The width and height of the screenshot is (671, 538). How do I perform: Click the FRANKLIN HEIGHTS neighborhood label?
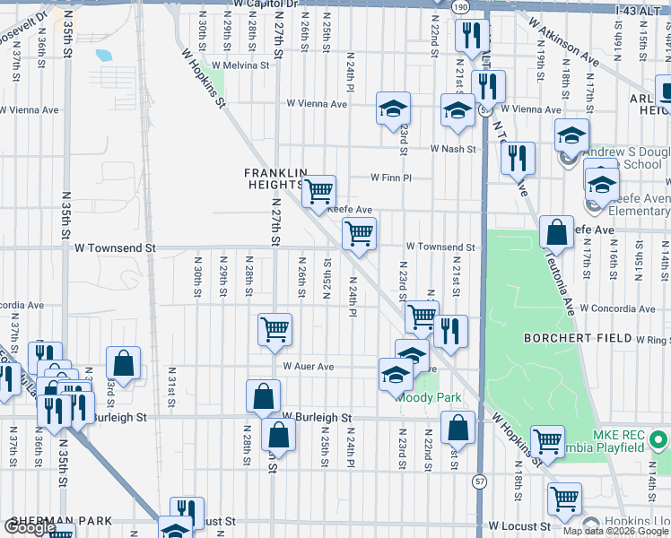pyautogui.click(x=276, y=178)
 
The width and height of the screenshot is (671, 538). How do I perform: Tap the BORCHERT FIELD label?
pyautogui.click(x=577, y=339)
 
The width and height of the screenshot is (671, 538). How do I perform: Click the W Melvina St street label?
pyautogui.click(x=235, y=65)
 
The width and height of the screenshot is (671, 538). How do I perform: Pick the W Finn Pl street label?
pyautogui.click(x=391, y=178)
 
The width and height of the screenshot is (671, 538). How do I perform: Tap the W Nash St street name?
pyautogui.click(x=451, y=148)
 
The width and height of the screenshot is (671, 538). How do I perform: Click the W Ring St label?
pyautogui.click(x=653, y=340)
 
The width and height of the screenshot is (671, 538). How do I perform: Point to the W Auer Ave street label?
pyautogui.click(x=309, y=367)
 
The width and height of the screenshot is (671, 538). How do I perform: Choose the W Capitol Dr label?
pyautogui.click(x=264, y=4)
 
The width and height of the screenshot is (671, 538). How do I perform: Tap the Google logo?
pyautogui.click(x=30, y=528)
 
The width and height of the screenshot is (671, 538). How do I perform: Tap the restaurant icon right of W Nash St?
pyautogui.click(x=518, y=158)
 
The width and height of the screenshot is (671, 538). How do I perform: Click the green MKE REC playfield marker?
pyautogui.click(x=658, y=440)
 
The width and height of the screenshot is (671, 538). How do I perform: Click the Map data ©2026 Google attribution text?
pyautogui.click(x=615, y=531)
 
